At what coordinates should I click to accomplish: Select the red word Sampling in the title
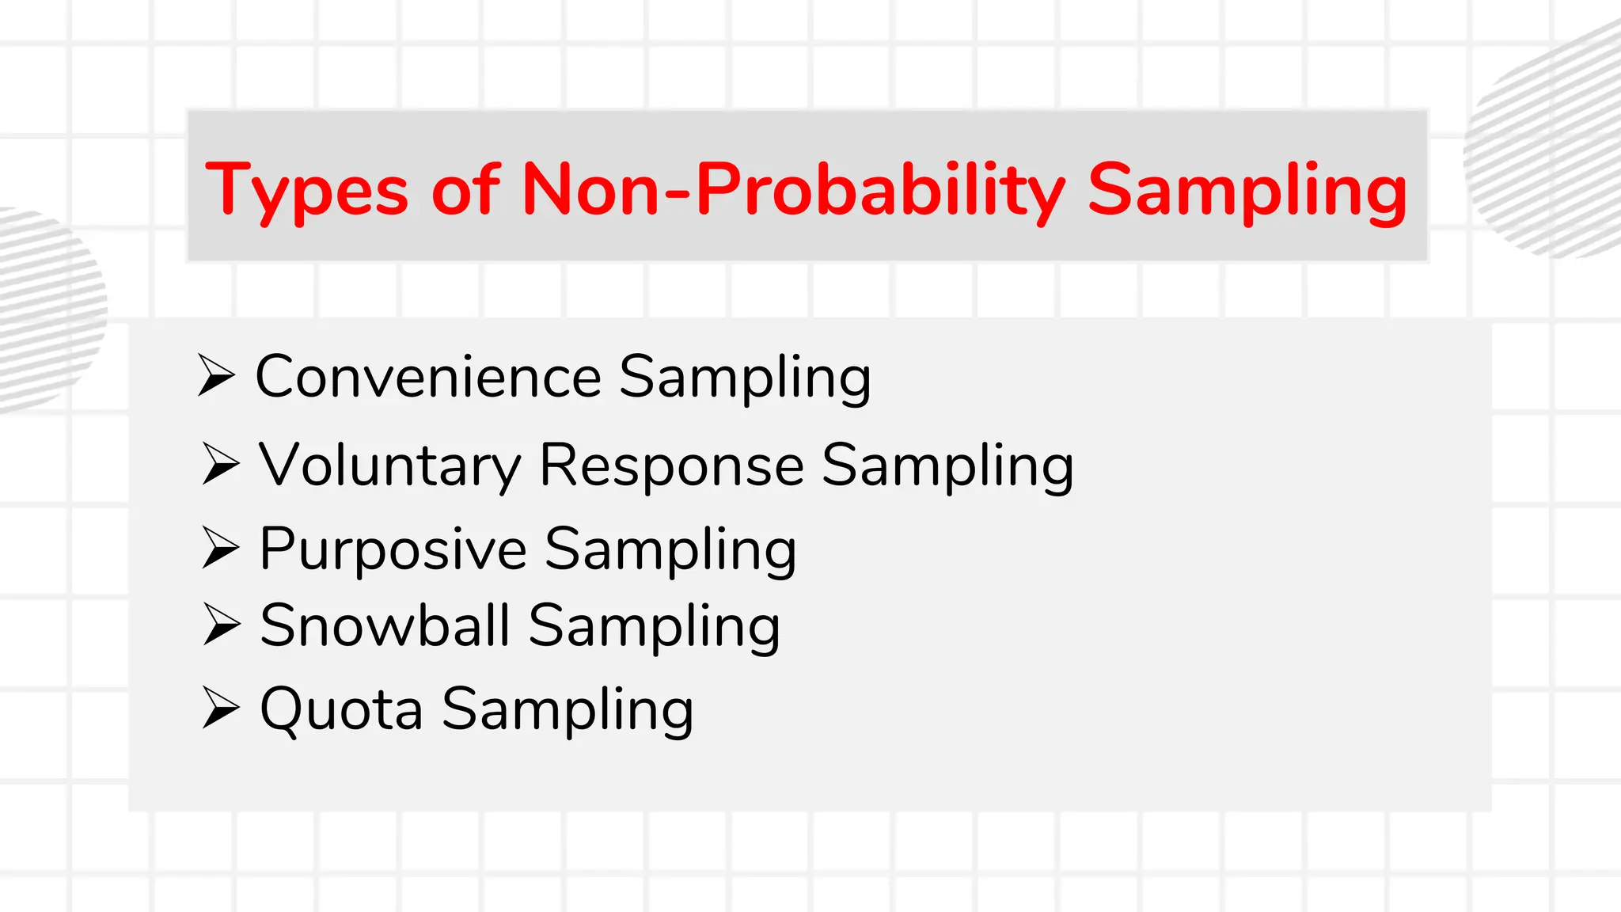1247,190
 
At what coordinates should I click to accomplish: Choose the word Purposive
393,549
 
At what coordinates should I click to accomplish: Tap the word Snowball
385,625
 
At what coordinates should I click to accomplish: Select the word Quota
341,709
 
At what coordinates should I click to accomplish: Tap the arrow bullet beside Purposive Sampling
221,547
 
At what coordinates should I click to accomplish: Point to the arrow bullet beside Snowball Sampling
222,624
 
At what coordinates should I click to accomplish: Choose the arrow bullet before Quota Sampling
221,707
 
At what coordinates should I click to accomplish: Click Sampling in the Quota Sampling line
568,710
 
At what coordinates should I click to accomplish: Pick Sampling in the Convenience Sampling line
745,378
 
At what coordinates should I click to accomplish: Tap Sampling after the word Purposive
670,550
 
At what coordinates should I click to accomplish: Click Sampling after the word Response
947,466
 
